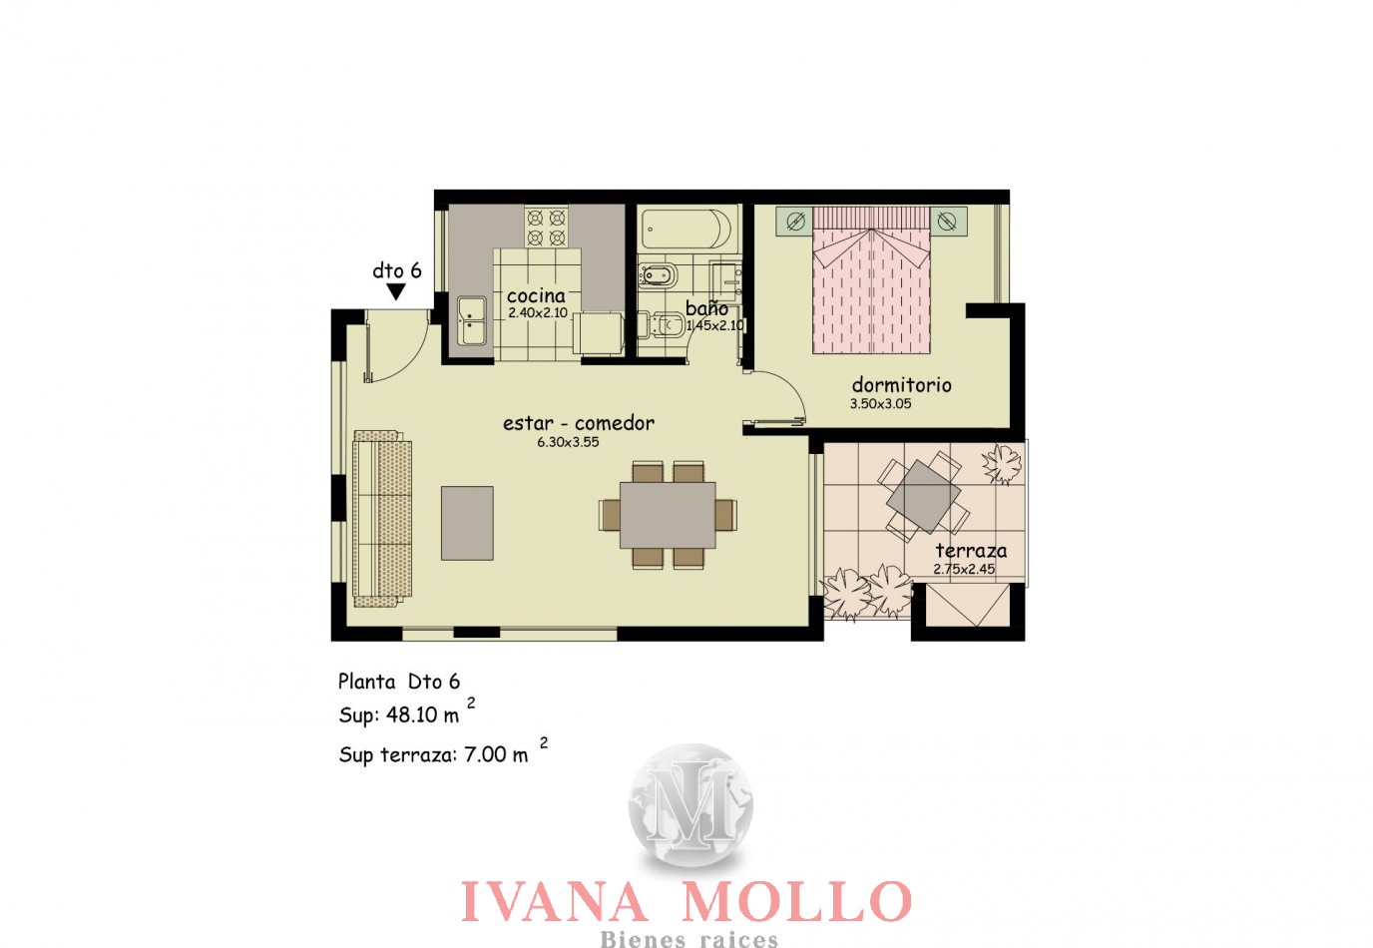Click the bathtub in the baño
coord(686,229)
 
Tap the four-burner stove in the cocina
coord(546,227)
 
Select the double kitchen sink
coord(472,321)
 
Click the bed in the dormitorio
coord(871,280)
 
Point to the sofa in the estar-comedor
coord(382,519)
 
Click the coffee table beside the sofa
coord(467,523)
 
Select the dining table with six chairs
coord(668,515)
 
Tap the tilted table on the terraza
coord(923,496)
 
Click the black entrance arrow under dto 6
coord(396,292)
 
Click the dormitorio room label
coord(901,385)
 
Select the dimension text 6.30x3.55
coord(568,442)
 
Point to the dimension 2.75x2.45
coord(964,569)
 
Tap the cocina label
coord(536,296)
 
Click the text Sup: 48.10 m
coord(399,714)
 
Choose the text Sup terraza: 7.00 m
coord(433,754)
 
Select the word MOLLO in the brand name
coord(796,901)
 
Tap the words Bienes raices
coord(688,938)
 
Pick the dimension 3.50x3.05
coord(880,403)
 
